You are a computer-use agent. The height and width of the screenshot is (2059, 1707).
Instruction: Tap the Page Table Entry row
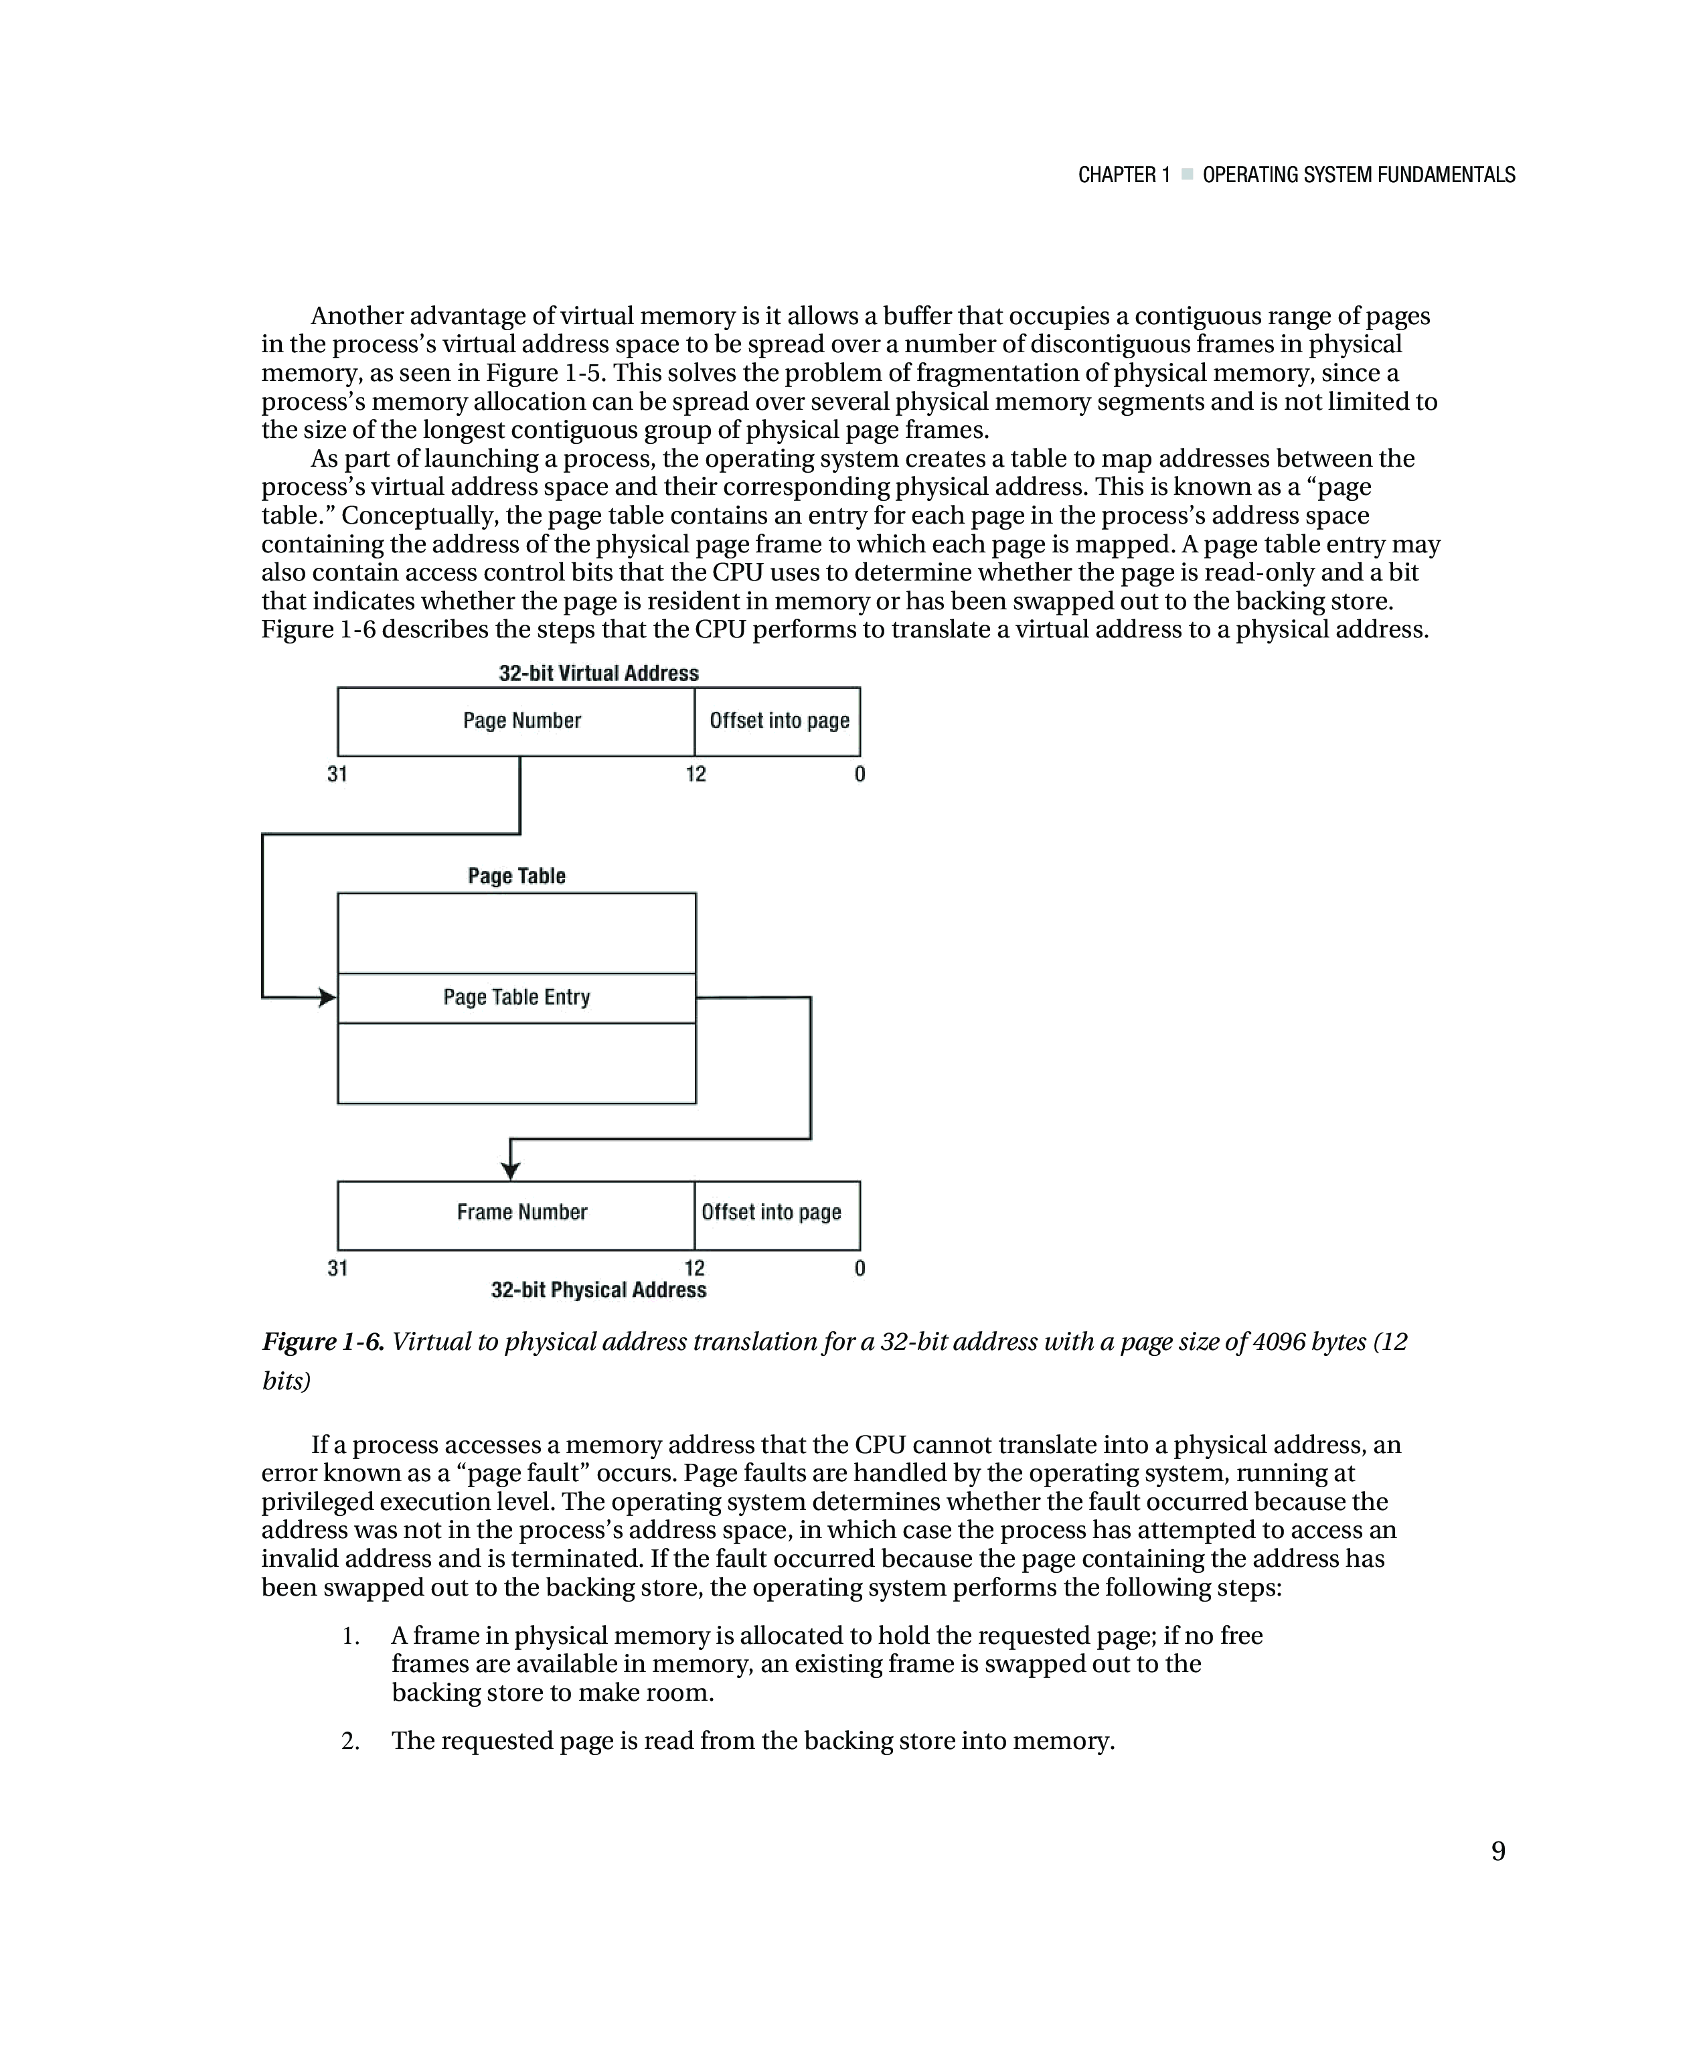coord(517,997)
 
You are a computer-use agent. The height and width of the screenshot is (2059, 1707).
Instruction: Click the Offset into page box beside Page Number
coord(779,722)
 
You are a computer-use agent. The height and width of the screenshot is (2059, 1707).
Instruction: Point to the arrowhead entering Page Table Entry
coord(327,997)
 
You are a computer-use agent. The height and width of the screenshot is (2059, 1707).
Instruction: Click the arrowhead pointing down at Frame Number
coord(510,1170)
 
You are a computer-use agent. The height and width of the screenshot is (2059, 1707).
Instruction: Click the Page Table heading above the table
coord(517,876)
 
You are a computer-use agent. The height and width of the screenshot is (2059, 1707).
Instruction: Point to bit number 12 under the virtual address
coord(695,775)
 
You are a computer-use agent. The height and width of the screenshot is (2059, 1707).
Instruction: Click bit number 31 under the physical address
coord(337,1269)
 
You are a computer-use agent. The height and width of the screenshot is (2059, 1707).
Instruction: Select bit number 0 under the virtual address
coord(860,775)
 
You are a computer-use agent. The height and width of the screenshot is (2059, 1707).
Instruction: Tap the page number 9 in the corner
coord(1498,1851)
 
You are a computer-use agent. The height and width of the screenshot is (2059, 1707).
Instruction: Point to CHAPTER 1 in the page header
coord(1124,175)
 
